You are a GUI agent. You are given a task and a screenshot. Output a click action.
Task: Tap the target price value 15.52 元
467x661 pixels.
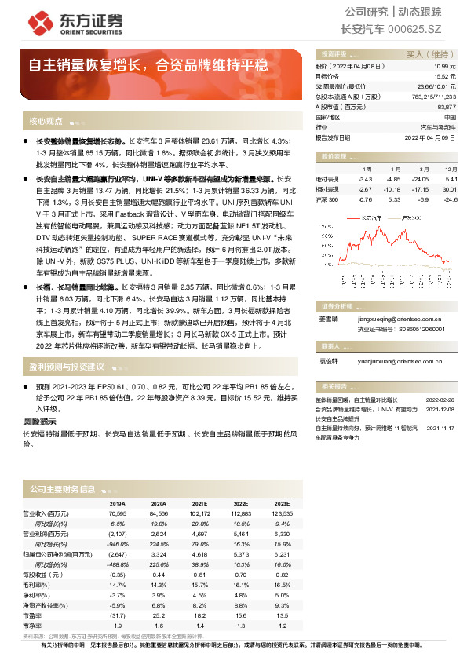[447, 77]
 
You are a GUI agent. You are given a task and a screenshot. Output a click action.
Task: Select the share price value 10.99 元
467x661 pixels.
[447, 68]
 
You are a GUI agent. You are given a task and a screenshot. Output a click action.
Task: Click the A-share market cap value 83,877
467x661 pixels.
[447, 106]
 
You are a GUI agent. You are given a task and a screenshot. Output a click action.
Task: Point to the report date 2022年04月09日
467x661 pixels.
[434, 136]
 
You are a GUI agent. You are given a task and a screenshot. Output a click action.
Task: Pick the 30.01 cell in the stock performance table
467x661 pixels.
[450, 189]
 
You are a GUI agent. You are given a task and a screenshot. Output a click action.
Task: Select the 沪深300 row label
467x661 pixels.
[327, 199]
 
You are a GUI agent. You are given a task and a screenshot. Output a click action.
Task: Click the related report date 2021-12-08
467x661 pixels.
[440, 409]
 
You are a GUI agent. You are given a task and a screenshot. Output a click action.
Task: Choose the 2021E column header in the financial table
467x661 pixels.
[199, 504]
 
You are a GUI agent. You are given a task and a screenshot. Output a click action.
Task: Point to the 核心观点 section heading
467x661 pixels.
[46, 122]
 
